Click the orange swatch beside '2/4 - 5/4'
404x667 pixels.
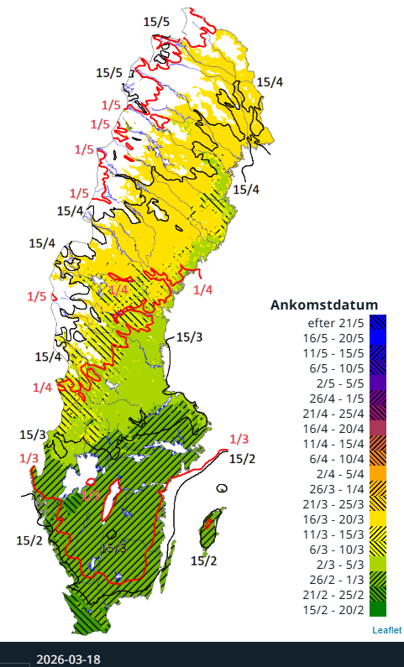click(378, 472)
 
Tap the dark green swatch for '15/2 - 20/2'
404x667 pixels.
click(378, 608)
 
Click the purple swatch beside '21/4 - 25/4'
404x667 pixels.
click(378, 412)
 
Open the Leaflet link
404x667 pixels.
click(386, 630)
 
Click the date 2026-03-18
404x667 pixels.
click(68, 659)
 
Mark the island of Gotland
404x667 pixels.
click(212, 529)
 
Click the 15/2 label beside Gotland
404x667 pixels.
click(203, 560)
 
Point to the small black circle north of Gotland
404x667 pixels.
click(222, 488)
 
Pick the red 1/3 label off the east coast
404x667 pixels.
click(239, 440)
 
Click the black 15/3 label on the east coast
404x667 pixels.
click(189, 337)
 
